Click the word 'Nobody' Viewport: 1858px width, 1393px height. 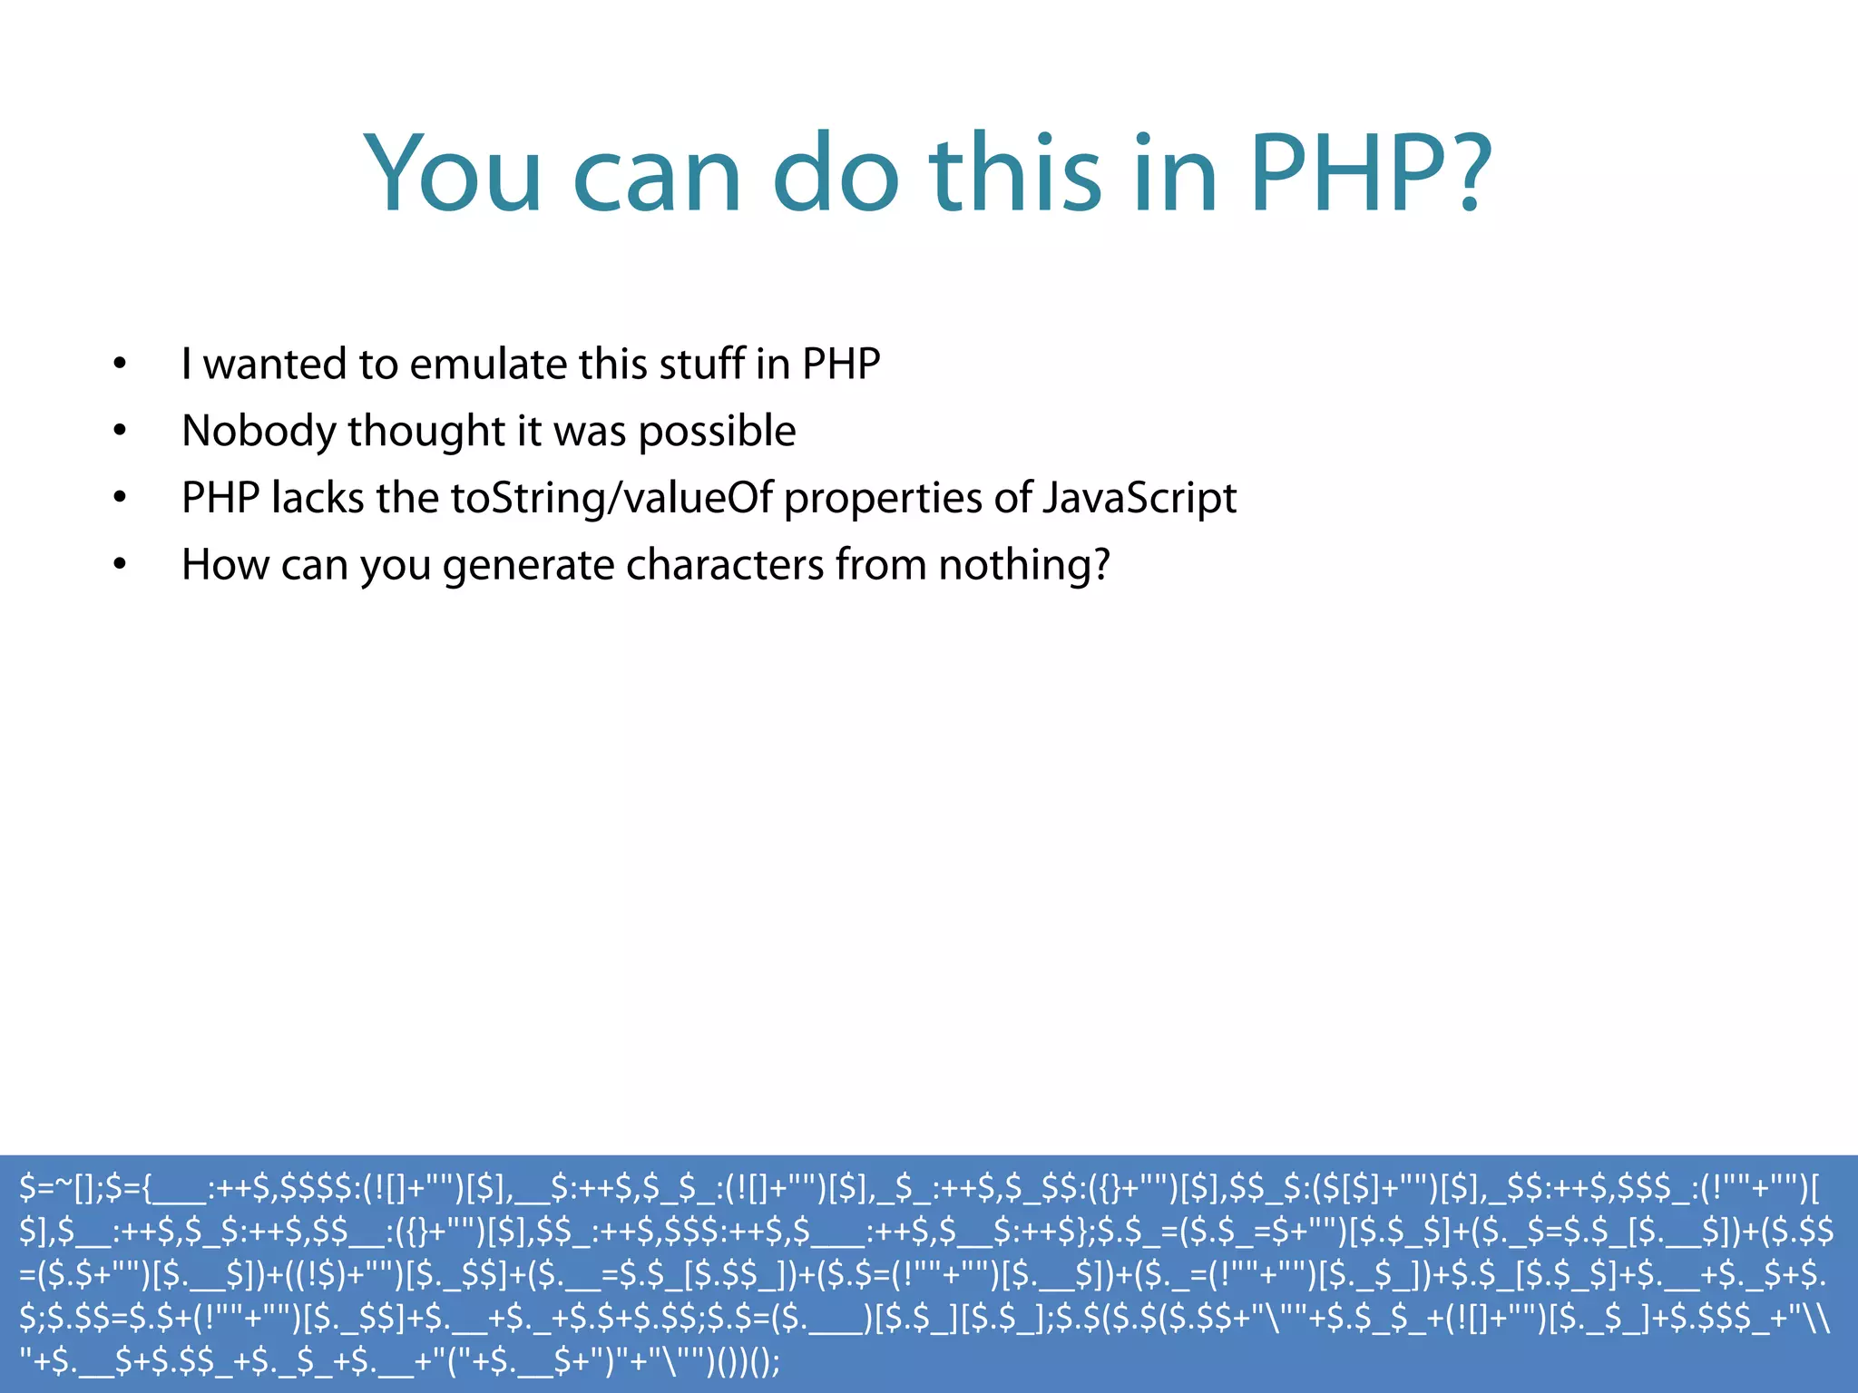coord(259,432)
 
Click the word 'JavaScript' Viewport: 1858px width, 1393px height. coord(1139,499)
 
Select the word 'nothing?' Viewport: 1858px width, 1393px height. coord(1024,564)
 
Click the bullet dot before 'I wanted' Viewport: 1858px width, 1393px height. coord(120,365)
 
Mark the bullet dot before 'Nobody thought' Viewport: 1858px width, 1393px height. coord(120,432)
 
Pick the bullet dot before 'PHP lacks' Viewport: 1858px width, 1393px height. coord(120,499)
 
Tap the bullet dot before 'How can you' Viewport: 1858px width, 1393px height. coord(120,565)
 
